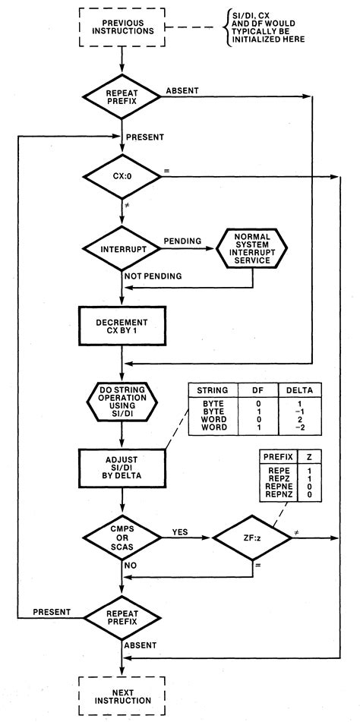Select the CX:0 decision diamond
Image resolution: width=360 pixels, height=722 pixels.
122,177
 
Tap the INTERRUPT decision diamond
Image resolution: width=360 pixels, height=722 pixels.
122,250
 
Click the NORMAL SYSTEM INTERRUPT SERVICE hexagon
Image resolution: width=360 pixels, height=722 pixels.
252,250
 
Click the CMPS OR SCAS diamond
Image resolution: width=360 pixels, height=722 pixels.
122,538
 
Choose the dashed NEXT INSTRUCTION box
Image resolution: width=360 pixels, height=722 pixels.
122,695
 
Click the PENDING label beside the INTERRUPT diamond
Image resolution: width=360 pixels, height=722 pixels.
182,241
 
